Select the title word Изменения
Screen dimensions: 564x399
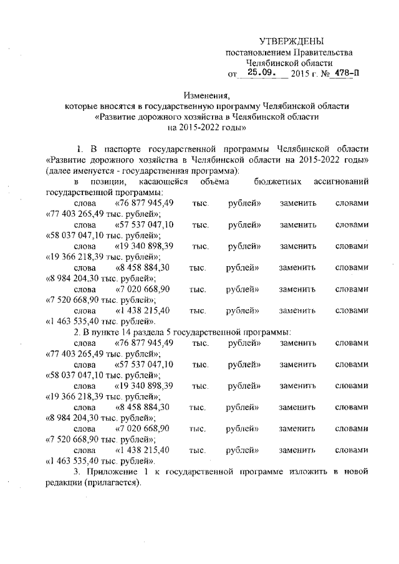pyautogui.click(x=207, y=95)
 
